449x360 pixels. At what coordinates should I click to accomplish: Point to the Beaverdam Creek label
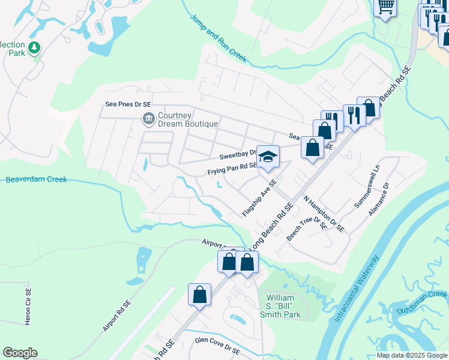[x=36, y=179]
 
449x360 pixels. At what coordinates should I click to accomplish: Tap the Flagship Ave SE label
[x=259, y=199]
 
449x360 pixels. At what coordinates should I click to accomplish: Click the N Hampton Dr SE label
[x=324, y=214]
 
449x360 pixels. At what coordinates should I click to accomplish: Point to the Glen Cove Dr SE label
[x=217, y=345]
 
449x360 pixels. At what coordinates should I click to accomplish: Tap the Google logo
[x=20, y=353]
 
